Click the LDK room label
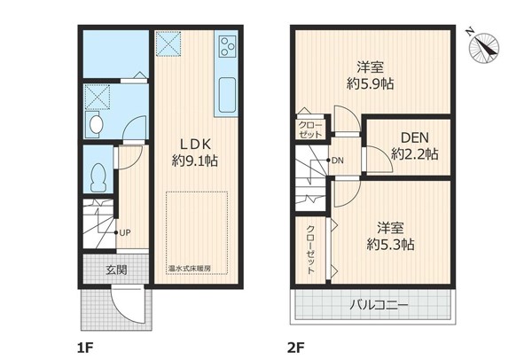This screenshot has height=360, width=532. (195, 144)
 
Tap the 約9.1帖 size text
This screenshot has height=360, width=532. (194, 160)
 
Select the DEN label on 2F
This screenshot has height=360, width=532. (415, 137)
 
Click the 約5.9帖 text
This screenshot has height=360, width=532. (370, 83)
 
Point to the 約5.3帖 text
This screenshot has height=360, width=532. (390, 244)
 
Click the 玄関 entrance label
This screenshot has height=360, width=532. (116, 270)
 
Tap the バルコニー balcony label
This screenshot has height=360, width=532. (379, 305)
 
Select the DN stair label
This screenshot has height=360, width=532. (337, 160)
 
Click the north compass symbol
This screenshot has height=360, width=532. (484, 48)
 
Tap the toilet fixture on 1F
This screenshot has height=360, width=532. (98, 178)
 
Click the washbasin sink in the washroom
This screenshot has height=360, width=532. (96, 124)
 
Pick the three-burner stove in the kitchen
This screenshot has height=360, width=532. (227, 46)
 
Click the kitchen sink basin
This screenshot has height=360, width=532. (227, 95)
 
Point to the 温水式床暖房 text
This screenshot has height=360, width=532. (190, 268)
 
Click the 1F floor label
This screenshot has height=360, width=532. (85, 348)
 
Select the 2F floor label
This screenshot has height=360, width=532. (296, 348)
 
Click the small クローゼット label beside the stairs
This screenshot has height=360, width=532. (310, 129)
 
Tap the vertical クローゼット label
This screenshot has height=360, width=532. (310, 249)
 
